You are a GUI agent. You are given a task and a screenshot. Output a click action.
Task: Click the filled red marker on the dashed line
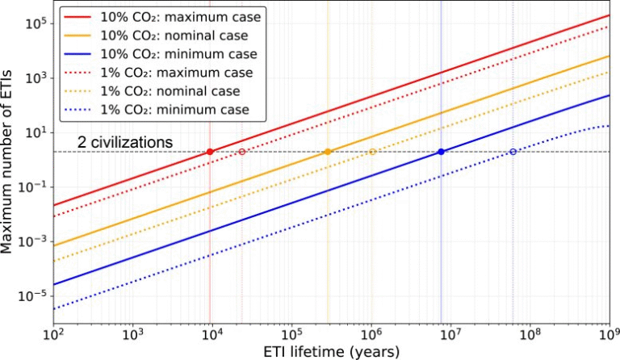[210, 152]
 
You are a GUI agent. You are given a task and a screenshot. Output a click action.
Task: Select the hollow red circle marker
[241, 152]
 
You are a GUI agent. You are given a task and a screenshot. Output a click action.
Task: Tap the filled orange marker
[328, 152]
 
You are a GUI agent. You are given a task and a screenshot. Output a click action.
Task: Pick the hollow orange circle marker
[372, 152]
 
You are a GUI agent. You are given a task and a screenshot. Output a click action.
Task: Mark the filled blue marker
[441, 152]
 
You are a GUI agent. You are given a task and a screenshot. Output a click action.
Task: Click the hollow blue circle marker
[513, 152]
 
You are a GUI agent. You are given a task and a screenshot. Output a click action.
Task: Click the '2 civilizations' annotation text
[125, 142]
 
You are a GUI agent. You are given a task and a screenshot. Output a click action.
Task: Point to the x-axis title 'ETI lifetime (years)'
[330, 351]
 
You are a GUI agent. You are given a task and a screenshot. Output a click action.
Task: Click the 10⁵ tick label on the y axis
[31, 24]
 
